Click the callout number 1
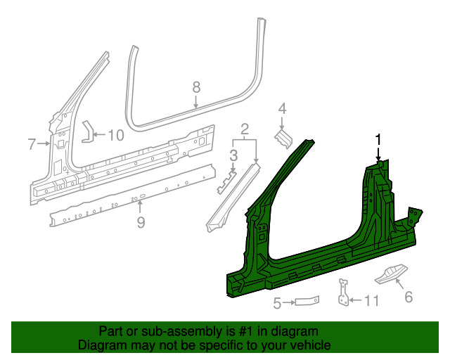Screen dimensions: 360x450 coord(378,139)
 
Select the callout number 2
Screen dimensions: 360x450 coord(245,129)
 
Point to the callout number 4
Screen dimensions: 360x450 coord(282,108)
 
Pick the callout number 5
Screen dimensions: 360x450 coord(277,303)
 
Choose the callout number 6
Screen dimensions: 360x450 coord(409,297)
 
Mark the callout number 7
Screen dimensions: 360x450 coord(32,145)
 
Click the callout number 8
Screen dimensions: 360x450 coord(196,86)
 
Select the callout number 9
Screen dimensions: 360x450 coord(141,222)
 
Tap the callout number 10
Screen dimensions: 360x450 coord(115,134)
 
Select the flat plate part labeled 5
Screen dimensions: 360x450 coord(306,301)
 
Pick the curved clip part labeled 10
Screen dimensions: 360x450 coord(87,131)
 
